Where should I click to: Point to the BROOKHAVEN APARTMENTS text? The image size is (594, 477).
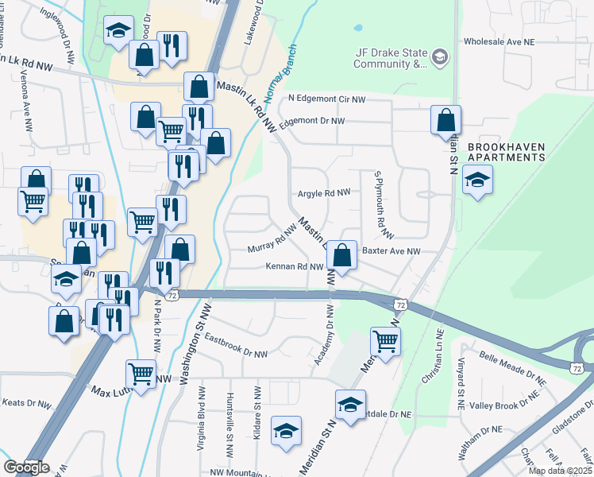(x=507, y=153)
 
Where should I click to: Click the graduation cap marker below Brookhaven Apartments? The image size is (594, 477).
(x=477, y=182)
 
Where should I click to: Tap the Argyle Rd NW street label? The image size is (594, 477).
(x=324, y=192)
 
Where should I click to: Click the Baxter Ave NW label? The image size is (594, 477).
(x=391, y=251)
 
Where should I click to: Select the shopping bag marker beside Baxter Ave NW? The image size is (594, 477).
(x=341, y=256)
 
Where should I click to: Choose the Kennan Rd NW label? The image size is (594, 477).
(x=295, y=267)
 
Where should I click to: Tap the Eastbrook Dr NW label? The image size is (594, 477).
(x=236, y=346)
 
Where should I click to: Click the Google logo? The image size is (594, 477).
(x=26, y=467)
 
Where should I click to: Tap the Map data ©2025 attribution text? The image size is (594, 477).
(x=560, y=471)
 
